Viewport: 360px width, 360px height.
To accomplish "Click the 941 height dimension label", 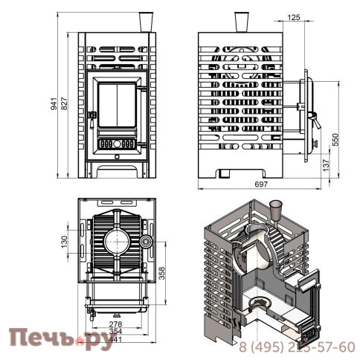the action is [54, 104].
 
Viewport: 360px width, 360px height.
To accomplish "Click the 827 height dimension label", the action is [64, 104].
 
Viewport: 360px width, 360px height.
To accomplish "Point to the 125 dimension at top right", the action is [294, 17].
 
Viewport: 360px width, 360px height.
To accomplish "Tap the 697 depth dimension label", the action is [261, 184].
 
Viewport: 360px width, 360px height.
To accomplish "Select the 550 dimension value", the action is [335, 140].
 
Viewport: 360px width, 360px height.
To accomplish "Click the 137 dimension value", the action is [327, 164].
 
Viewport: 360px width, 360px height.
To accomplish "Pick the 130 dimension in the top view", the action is [64, 242].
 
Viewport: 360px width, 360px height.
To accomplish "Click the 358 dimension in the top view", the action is [161, 273].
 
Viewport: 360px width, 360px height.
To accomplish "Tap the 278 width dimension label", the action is [116, 324].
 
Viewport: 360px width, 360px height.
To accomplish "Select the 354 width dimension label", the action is [116, 331].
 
